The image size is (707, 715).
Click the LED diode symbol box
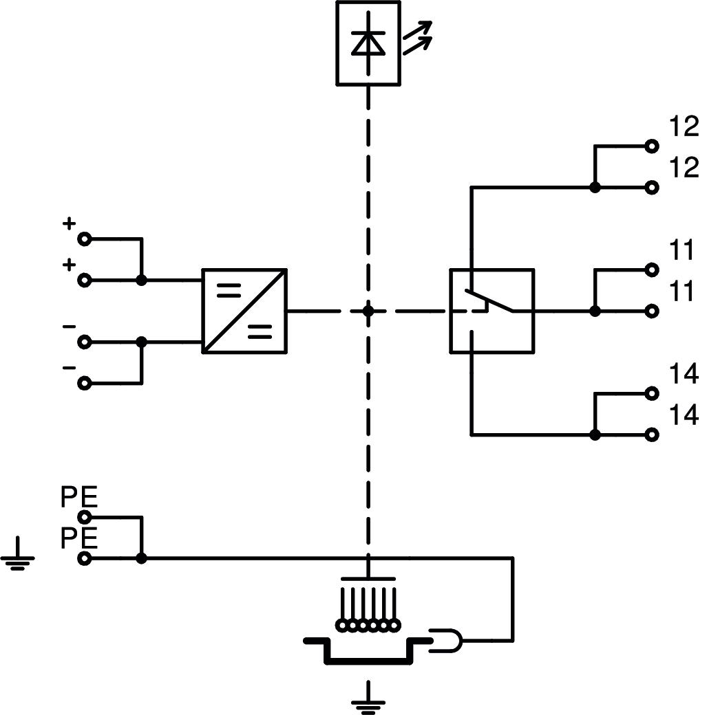tap(368, 43)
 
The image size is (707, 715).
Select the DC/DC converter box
tap(244, 311)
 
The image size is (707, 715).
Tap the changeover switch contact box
tap(492, 311)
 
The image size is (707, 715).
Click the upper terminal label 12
tap(683, 126)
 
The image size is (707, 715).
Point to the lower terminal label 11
tap(682, 291)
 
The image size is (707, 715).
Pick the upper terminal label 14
tap(683, 374)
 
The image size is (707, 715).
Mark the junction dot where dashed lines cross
tap(368, 311)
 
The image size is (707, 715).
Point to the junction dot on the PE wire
tap(141, 558)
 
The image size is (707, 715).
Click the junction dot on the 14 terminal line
tap(595, 434)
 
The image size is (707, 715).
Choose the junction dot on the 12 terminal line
tap(595, 187)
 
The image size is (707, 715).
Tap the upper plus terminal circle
tap(85, 239)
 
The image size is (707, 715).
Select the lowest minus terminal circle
tap(85, 383)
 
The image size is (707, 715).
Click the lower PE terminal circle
tap(85, 558)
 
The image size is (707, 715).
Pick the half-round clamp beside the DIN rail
tap(447, 641)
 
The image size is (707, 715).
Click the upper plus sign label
tap(68, 223)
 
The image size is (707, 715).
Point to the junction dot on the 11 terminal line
tap(595, 311)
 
